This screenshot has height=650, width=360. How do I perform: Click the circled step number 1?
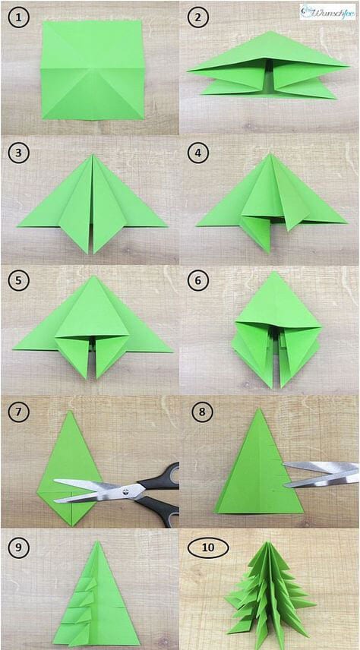tap(19, 17)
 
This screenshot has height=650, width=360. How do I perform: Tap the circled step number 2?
tap(197, 17)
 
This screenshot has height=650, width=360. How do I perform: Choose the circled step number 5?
tap(19, 280)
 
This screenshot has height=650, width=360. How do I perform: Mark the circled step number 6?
tap(197, 280)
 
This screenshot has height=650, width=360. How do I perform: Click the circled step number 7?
tap(19, 414)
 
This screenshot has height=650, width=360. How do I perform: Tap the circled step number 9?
tap(19, 546)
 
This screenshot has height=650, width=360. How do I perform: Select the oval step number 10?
tap(201, 546)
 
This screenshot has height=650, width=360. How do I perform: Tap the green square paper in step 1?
tap(93, 69)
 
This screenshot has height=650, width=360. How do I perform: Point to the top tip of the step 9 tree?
tap(98, 541)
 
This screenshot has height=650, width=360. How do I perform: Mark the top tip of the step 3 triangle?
tap(93, 156)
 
